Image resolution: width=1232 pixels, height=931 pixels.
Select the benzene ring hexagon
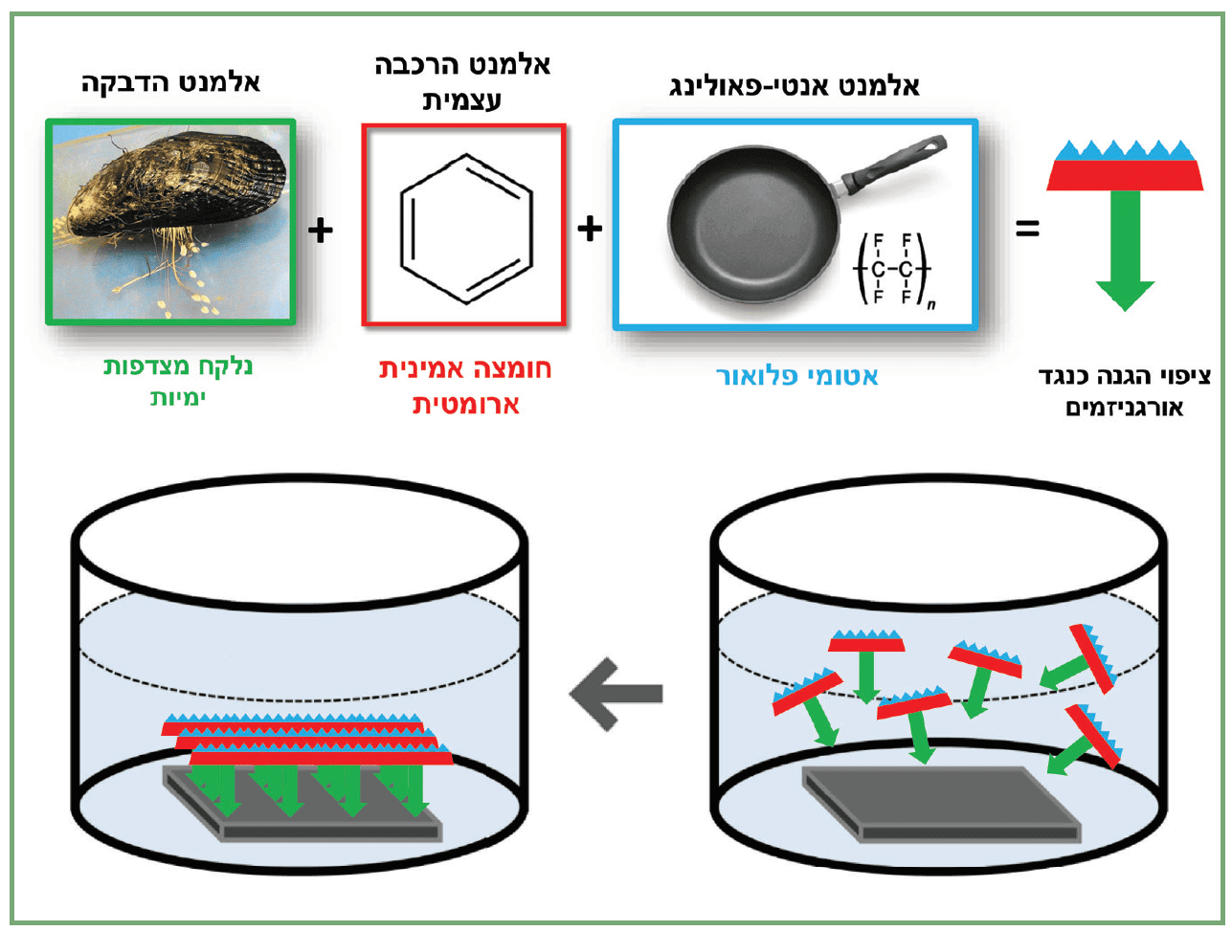465,228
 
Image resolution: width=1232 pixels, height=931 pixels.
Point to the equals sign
1027,229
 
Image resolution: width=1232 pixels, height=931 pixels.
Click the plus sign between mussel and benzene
321,230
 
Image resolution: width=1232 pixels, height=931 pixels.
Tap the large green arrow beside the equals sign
1126,249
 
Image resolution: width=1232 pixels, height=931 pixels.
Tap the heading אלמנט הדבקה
170,82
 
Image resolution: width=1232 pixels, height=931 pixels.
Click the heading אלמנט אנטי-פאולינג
794,86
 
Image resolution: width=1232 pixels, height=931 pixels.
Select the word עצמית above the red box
462,100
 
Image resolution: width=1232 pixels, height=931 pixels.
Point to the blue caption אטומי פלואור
796,376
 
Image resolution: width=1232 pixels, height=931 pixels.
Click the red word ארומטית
466,404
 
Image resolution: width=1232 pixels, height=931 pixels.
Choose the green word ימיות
178,396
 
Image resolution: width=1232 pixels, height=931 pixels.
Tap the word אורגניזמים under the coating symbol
1125,408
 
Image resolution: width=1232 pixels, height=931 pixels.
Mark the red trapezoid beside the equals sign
1125,175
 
